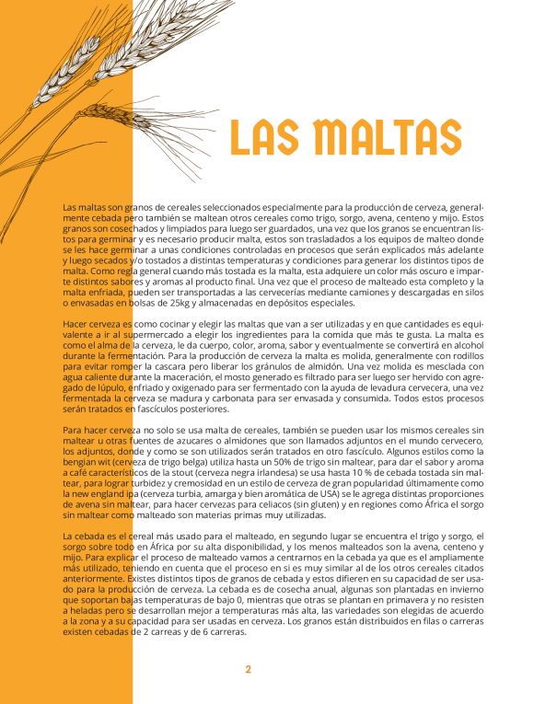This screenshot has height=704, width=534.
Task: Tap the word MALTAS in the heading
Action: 387,137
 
